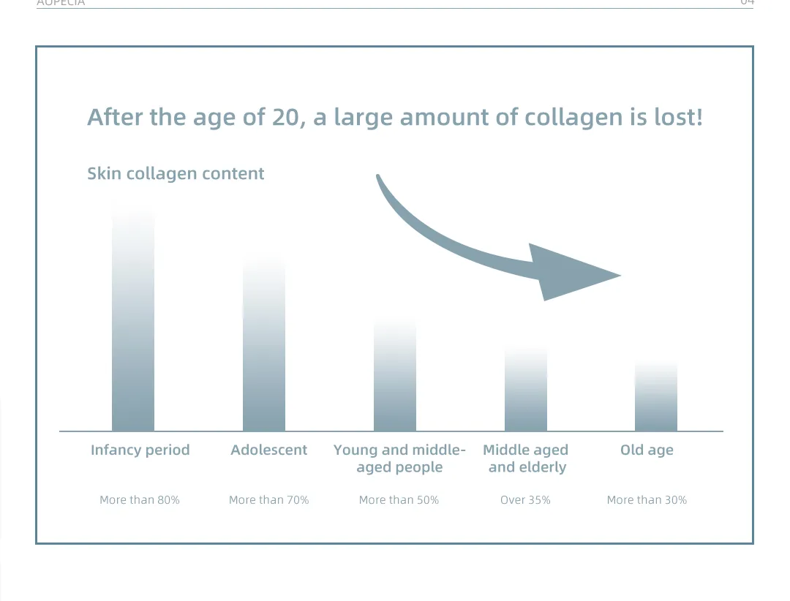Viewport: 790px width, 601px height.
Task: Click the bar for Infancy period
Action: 133,329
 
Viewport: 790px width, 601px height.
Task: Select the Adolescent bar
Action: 264,351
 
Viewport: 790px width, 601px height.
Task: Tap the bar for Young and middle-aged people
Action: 395,380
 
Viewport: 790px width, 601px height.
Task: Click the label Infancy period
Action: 140,450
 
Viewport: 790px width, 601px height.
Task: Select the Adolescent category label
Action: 269,450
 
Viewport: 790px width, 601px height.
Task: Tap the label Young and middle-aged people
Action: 399,458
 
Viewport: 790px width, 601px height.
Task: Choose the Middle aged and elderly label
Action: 526,458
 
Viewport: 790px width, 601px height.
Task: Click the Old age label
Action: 647,450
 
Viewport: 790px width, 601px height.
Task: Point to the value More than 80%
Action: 140,500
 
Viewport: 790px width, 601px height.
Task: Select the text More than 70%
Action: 269,500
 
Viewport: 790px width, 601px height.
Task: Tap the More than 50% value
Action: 399,500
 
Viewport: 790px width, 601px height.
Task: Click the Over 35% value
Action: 525,500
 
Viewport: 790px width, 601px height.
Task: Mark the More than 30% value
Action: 647,500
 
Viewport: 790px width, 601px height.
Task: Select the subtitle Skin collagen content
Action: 176,174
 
